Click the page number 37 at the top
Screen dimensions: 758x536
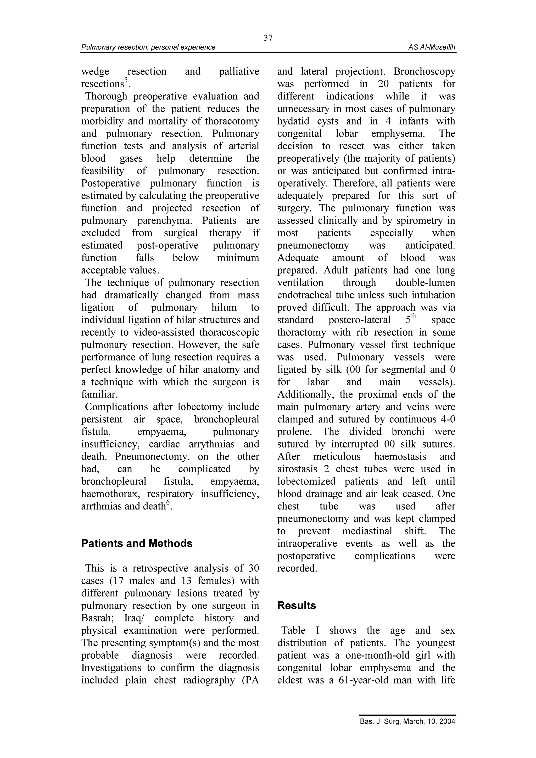[x=268, y=38]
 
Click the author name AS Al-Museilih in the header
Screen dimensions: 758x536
[x=431, y=47]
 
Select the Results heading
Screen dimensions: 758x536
[x=296, y=605]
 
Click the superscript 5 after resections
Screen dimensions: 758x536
[x=126, y=80]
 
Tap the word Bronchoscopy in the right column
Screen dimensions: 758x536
[x=424, y=71]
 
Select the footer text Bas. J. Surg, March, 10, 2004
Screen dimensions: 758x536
[x=407, y=730]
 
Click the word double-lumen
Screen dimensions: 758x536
[x=425, y=282]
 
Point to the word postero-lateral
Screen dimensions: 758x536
[x=359, y=320]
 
